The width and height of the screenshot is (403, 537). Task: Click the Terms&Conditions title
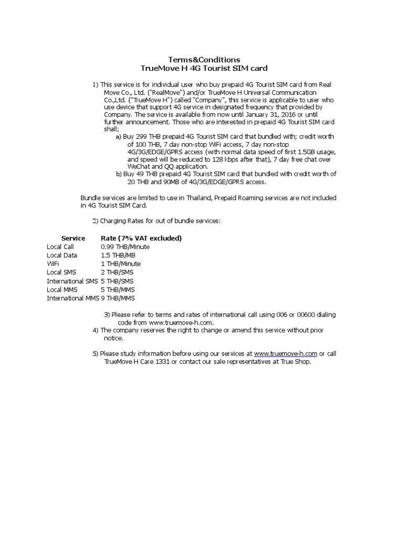pyautogui.click(x=204, y=60)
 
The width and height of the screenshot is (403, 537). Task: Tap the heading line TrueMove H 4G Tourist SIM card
pyautogui.click(x=204, y=68)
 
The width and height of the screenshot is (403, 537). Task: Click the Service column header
pyautogui.click(x=73, y=238)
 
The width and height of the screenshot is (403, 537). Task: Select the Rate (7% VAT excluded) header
pyautogui.click(x=141, y=238)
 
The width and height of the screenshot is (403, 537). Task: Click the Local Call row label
pyautogui.click(x=60, y=246)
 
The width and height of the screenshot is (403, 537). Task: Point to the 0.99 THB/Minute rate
pyautogui.click(x=125, y=246)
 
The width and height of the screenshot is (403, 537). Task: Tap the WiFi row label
pyautogui.click(x=53, y=264)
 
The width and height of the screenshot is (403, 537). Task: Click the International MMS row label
pyautogui.click(x=72, y=298)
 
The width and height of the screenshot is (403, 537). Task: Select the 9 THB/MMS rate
pyautogui.click(x=119, y=298)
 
